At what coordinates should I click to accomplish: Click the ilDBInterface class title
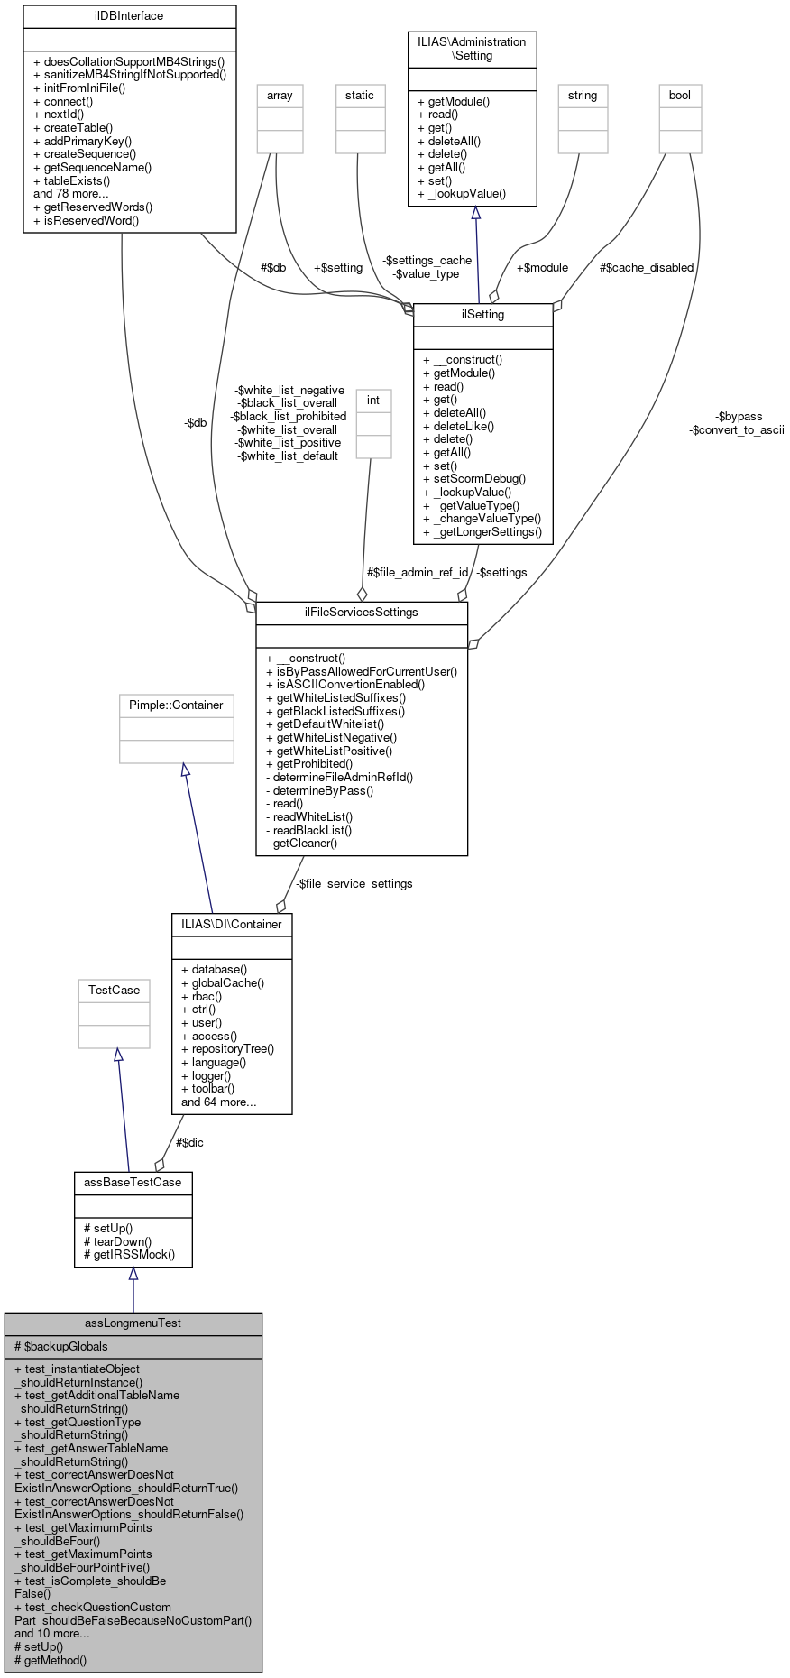(129, 15)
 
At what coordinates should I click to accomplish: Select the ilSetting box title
(482, 314)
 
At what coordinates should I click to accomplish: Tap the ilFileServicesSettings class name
(362, 612)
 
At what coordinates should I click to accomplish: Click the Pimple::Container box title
(176, 705)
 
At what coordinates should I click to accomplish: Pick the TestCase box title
(114, 990)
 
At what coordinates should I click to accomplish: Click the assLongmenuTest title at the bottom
(133, 1323)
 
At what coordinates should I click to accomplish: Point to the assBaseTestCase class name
(133, 1182)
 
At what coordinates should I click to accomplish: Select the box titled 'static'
(359, 95)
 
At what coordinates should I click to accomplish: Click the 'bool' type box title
(679, 95)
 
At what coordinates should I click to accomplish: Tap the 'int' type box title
(372, 400)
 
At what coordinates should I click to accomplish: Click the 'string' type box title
(582, 95)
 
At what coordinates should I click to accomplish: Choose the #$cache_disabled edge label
(647, 267)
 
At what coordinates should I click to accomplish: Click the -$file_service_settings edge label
(354, 883)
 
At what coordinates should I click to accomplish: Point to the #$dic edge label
(189, 1142)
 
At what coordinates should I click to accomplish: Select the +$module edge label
(542, 267)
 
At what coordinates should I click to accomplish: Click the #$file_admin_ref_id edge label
(418, 572)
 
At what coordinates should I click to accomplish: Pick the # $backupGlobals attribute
(61, 1346)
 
